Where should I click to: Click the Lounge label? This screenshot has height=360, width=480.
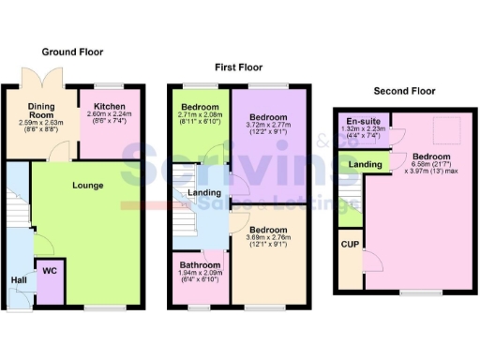click(x=87, y=185)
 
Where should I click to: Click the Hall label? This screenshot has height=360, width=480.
click(x=18, y=279)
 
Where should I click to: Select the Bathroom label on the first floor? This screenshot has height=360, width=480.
click(x=199, y=264)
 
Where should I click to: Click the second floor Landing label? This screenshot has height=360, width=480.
click(x=365, y=165)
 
